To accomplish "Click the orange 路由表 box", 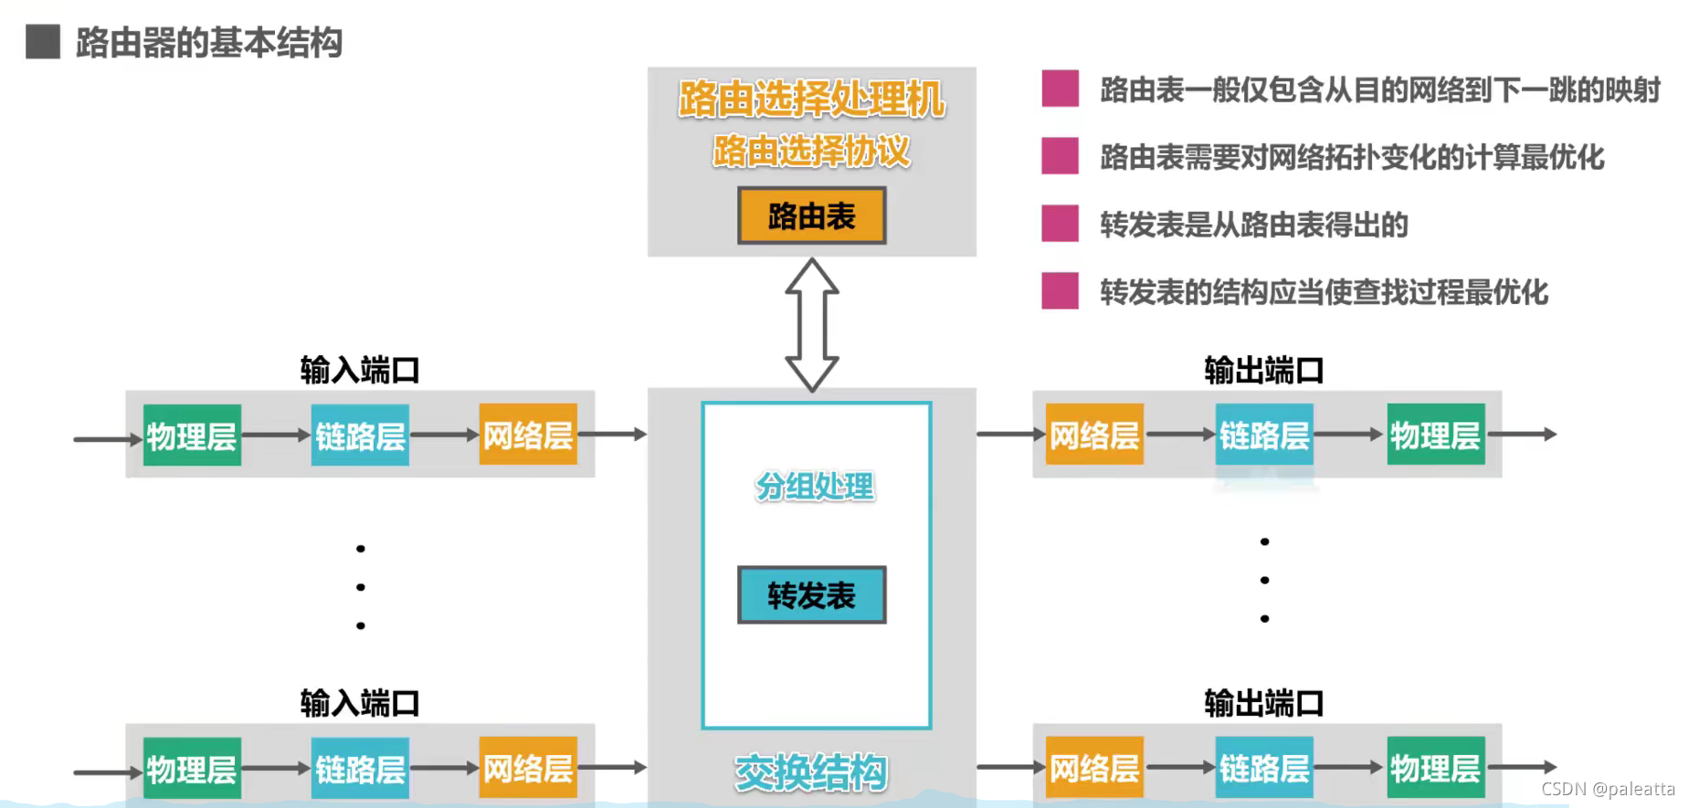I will pos(811,216).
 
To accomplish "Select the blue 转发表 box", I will pos(811,595).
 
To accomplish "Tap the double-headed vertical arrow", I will pos(812,324).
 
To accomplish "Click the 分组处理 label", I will pos(815,487).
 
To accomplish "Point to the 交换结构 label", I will pos(811,772).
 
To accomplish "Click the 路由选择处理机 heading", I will pos(811,99).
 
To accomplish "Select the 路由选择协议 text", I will pos(811,151).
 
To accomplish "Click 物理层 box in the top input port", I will pos(192,435).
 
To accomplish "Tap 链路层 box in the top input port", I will pos(360,435).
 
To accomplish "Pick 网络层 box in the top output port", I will pos(1094,435).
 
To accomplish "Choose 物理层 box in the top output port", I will pos(1435,435).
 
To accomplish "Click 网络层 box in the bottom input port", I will pos(528,768).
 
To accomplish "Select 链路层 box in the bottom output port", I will pos(1264,768).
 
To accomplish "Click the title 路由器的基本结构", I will pos(209,43).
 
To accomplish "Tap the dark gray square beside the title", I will pos(43,42).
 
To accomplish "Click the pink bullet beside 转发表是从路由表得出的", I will pos(1060,224).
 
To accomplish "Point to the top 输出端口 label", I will pos(1263,371).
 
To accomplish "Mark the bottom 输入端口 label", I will pos(360,703).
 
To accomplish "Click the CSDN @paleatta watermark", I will pos(1608,789).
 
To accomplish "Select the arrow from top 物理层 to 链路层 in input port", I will pos(276,435).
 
